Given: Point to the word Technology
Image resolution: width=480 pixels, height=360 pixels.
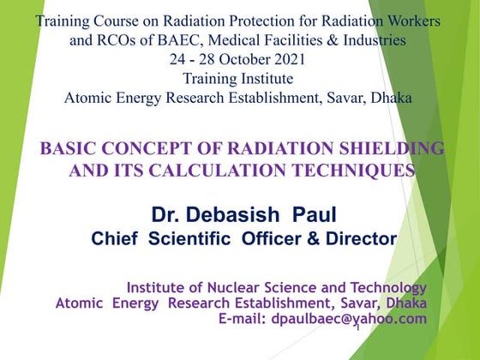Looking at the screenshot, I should click(x=385, y=287).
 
